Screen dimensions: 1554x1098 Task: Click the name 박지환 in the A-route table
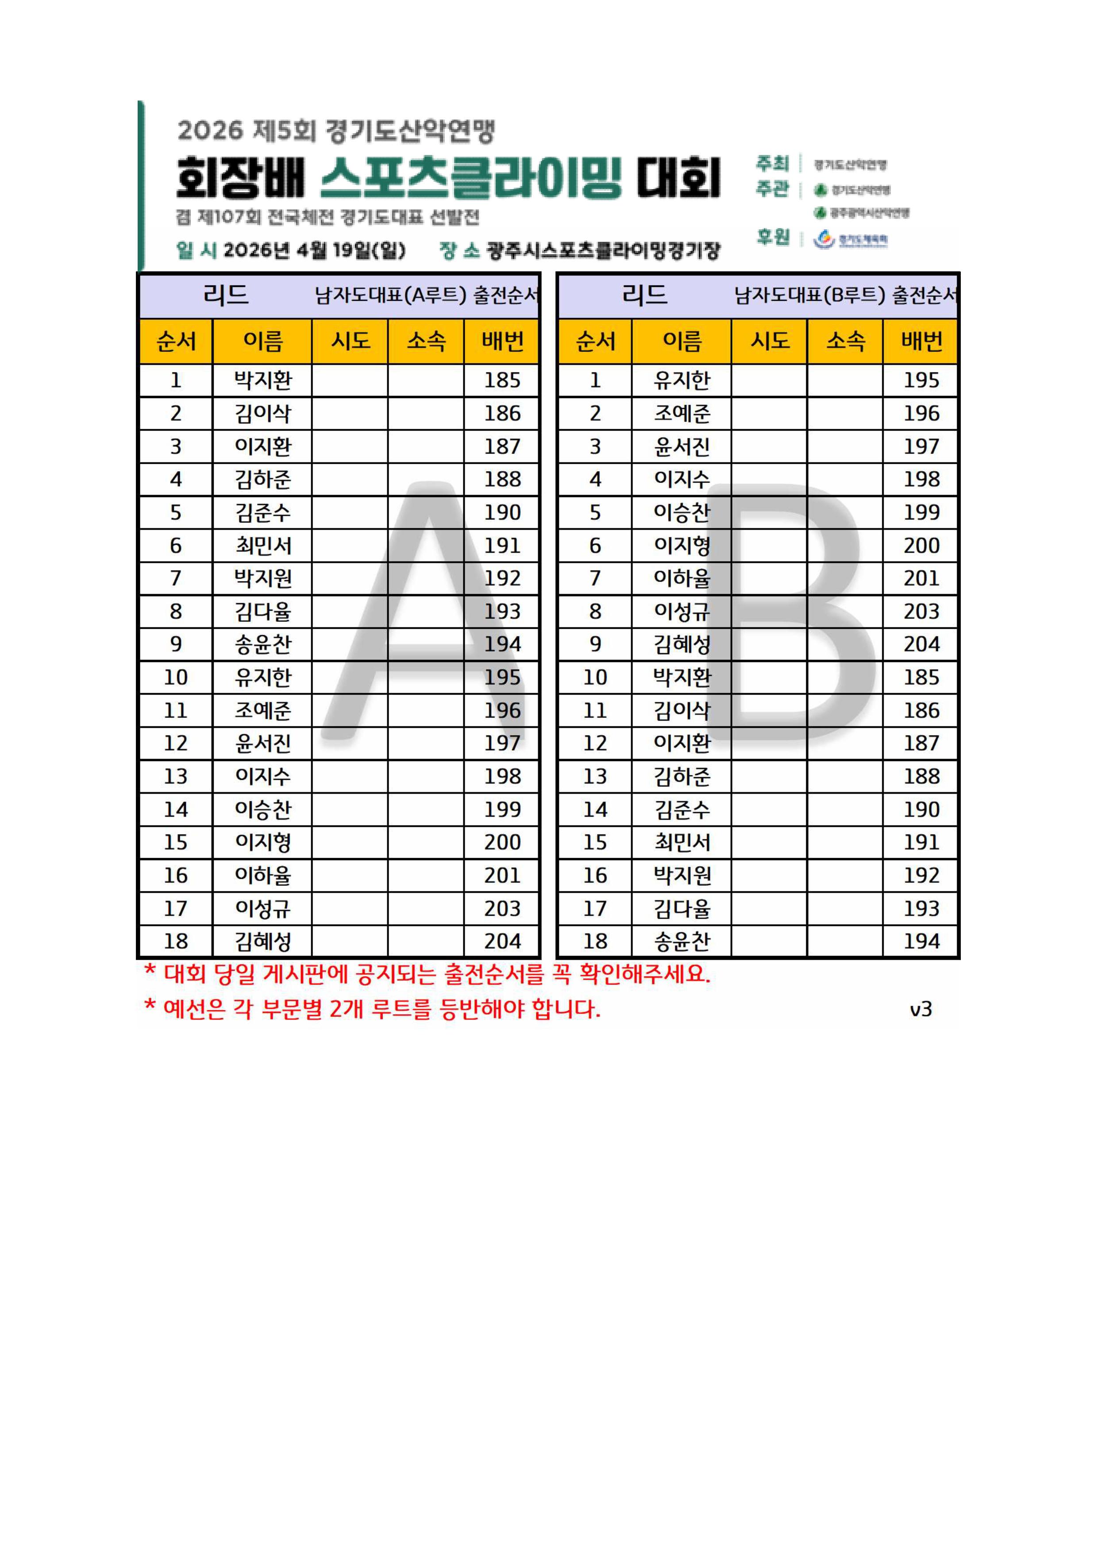(262, 380)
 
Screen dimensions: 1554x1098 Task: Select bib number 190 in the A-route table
(502, 512)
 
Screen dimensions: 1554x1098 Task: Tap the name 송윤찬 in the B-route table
(682, 942)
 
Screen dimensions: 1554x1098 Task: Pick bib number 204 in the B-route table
(921, 644)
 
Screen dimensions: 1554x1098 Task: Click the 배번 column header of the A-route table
(502, 341)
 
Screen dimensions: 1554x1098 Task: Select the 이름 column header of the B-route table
(682, 341)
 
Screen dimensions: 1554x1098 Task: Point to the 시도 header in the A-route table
(351, 341)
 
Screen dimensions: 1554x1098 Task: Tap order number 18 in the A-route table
(176, 942)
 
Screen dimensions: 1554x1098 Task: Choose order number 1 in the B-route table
(595, 380)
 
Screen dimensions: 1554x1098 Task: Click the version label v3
(921, 1009)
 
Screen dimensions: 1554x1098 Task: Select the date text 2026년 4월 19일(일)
(315, 250)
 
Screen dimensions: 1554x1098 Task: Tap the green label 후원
(773, 237)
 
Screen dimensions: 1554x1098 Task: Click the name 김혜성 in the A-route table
(262, 942)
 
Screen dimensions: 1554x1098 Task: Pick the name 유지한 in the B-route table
(682, 380)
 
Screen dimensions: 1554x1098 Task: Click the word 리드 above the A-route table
(226, 295)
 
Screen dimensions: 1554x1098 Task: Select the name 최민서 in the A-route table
(262, 546)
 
